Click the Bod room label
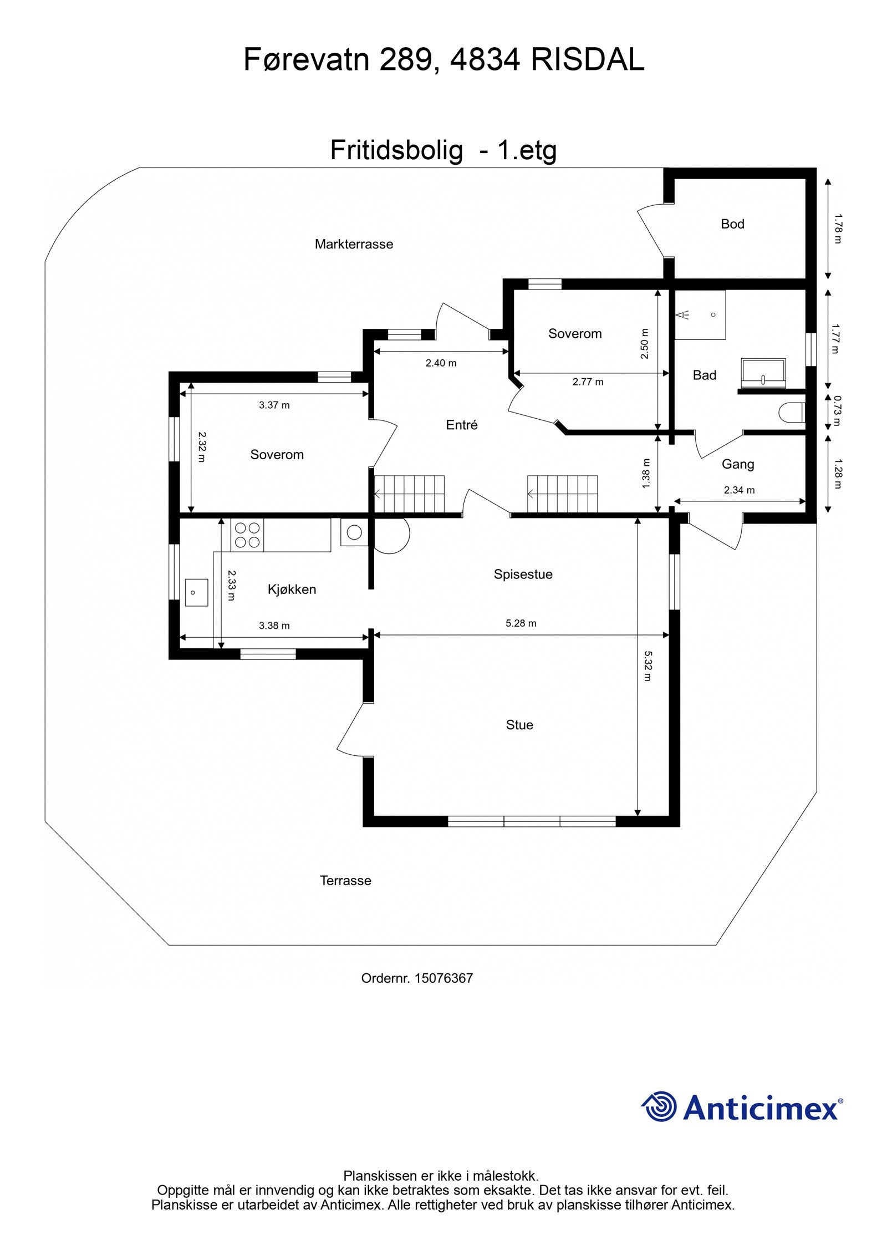point(732,224)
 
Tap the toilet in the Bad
point(791,413)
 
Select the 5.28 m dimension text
point(521,623)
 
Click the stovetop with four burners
point(247,535)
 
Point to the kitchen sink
point(196,592)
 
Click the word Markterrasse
point(354,244)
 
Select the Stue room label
point(519,725)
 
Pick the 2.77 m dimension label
point(588,382)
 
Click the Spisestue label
point(523,575)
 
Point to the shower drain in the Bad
point(713,314)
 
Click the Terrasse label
point(345,881)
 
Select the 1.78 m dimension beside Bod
point(837,228)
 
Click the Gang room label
point(737,464)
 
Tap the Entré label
point(461,425)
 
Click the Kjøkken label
point(292,590)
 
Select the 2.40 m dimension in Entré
point(441,363)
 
